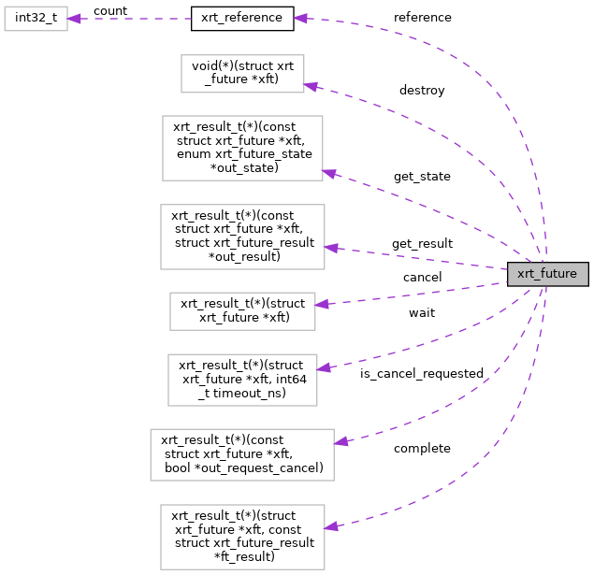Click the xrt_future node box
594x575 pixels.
[547, 274]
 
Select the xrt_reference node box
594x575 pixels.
[242, 18]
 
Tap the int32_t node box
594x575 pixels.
[36, 18]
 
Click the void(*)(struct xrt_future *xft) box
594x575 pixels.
[242, 73]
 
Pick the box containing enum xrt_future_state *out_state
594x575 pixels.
[242, 148]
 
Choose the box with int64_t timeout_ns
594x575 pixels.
[242, 379]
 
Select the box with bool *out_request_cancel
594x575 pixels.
[242, 454]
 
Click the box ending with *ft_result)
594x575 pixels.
[242, 537]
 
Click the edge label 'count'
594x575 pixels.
[109, 11]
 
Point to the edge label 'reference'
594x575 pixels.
[422, 17]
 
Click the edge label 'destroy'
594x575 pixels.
[422, 91]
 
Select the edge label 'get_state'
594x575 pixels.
[422, 176]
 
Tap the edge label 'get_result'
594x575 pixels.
[422, 243]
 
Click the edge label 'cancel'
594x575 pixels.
[422, 277]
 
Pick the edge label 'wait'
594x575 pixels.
[422, 312]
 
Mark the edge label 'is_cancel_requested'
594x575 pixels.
[422, 373]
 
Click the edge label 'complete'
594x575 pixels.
[422, 448]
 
